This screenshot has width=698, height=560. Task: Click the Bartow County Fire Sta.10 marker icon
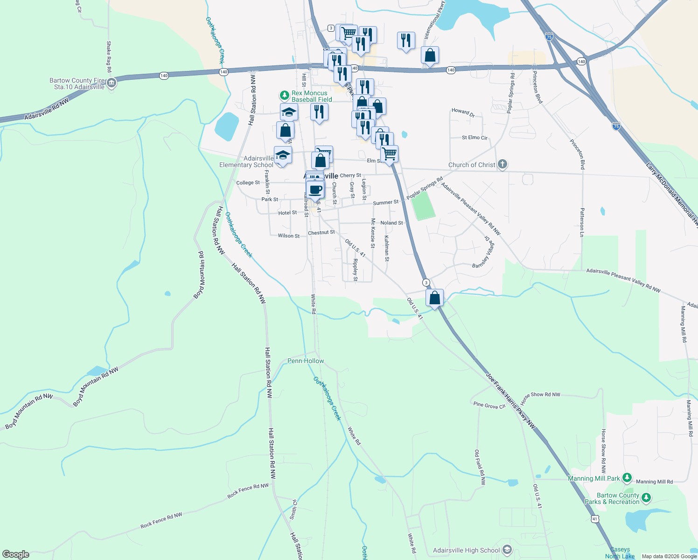click(111, 84)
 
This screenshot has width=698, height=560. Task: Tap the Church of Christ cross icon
click(502, 164)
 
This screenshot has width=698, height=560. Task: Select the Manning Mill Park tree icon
click(627, 478)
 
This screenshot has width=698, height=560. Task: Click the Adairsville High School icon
click(508, 550)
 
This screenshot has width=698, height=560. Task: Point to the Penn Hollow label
click(306, 361)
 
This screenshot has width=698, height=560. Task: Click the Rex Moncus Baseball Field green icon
click(284, 96)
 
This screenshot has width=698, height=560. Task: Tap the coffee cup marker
click(315, 190)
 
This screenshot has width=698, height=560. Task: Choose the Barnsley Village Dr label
click(483, 255)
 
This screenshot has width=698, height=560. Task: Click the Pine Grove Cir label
click(489, 406)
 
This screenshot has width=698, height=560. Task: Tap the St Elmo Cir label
click(475, 138)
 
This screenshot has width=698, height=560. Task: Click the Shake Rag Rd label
click(109, 56)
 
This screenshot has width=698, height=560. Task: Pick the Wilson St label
click(289, 236)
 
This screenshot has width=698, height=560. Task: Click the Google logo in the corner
click(16, 554)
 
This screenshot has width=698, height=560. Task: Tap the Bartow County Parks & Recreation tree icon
click(646, 498)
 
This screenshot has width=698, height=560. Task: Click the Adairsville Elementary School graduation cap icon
click(283, 155)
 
